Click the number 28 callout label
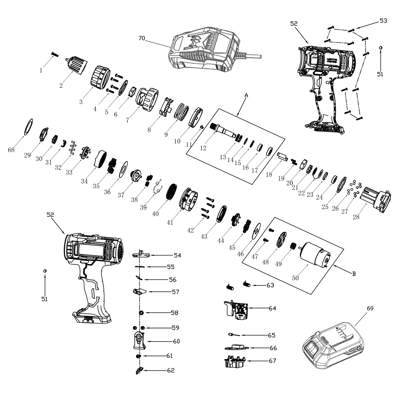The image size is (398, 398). (x=356, y=217)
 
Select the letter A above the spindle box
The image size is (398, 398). (x=246, y=95)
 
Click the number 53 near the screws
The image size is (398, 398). (x=383, y=21)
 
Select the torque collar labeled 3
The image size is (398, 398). (x=99, y=77)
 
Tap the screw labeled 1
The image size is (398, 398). (x=54, y=54)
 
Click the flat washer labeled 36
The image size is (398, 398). (x=123, y=169)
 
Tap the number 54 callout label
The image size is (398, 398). (x=177, y=255)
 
